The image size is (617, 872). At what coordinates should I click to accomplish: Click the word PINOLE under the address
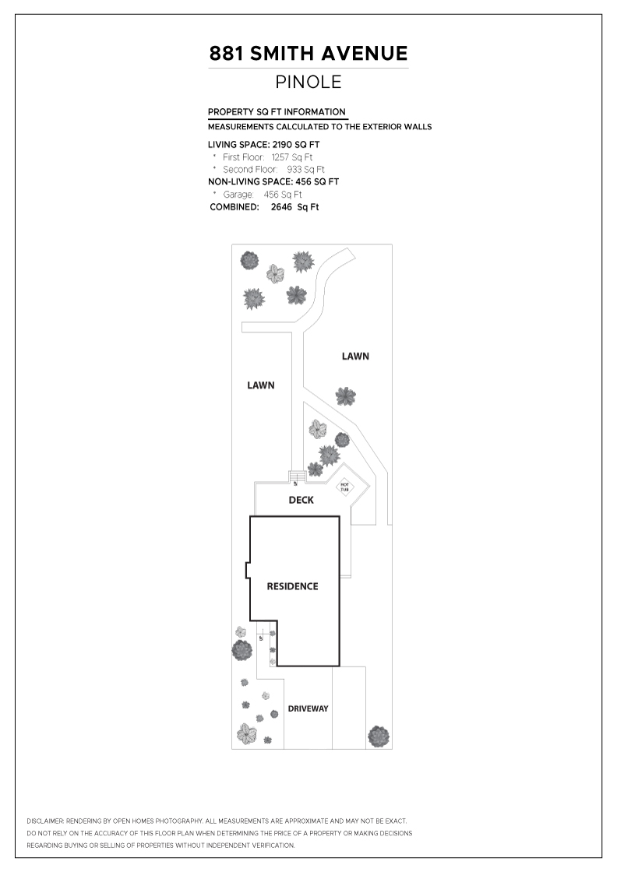308,82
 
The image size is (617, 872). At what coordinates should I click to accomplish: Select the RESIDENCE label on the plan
292,586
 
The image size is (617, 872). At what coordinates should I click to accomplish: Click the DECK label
301,500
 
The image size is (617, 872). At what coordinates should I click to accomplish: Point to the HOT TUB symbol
344,487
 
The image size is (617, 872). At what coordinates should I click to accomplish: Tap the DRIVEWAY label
308,708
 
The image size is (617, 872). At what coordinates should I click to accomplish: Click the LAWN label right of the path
355,357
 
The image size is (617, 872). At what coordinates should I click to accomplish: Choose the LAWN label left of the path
260,385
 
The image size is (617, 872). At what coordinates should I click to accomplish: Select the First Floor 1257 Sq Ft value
287,156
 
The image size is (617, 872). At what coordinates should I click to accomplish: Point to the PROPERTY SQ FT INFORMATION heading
277,112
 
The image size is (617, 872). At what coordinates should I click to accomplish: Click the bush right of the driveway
378,736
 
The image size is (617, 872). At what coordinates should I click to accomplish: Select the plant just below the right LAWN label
345,396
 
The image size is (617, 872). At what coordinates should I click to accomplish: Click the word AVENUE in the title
367,54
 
